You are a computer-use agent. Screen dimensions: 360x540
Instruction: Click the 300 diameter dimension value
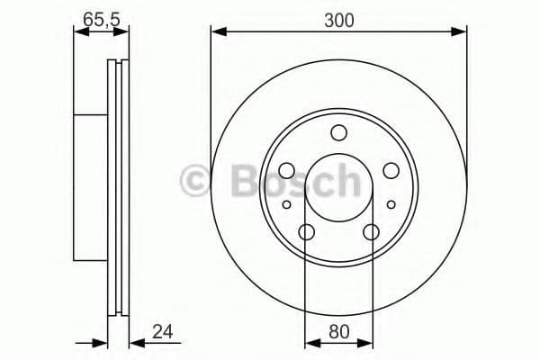(x=338, y=19)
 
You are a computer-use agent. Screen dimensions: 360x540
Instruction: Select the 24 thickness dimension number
(x=162, y=332)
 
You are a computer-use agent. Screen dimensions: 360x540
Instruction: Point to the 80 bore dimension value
(x=339, y=332)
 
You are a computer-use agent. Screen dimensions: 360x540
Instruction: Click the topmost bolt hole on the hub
(x=338, y=134)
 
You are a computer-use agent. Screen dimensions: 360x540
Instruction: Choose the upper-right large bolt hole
(x=391, y=170)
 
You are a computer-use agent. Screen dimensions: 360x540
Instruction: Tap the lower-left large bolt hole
(x=306, y=233)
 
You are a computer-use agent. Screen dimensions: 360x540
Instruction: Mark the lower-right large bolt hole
(x=371, y=233)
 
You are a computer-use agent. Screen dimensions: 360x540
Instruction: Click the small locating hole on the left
(x=287, y=205)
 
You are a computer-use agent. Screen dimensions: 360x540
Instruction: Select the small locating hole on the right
(x=391, y=205)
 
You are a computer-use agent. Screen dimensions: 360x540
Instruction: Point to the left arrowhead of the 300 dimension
(x=217, y=33)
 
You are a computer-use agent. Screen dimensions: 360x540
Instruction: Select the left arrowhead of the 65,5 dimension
(x=78, y=33)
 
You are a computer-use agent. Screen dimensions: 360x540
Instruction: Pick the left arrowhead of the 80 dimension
(x=310, y=343)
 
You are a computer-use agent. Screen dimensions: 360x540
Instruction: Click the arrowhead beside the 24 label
(x=135, y=343)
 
